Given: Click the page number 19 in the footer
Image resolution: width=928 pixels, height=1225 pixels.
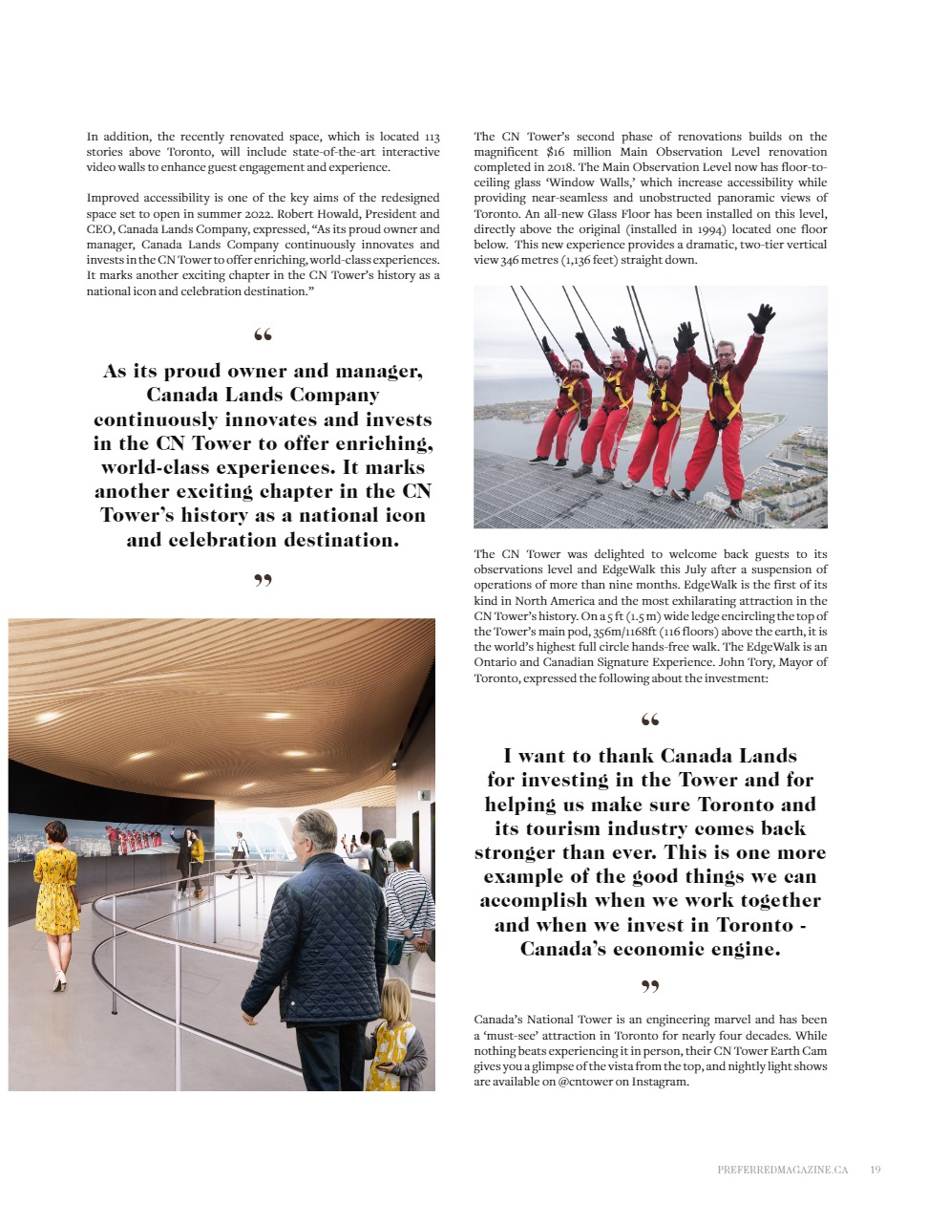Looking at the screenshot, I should (x=875, y=1170).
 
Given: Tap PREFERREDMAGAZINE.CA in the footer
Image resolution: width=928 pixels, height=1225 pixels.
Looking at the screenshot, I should (x=782, y=1170).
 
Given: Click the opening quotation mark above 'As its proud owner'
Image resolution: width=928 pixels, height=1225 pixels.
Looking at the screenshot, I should (x=263, y=334).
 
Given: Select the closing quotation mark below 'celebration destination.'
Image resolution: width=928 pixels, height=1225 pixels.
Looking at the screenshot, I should (x=263, y=579).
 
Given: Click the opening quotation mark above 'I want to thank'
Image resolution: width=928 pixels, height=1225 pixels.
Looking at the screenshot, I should (x=650, y=720).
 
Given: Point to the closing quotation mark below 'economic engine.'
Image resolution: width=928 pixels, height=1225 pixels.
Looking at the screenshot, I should (x=650, y=985).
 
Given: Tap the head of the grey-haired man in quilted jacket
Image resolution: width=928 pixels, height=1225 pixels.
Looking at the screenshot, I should (x=315, y=835).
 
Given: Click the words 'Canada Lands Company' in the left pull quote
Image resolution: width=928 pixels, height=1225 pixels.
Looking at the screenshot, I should (x=263, y=396).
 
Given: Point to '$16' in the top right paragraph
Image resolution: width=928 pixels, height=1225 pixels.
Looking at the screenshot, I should (x=556, y=152).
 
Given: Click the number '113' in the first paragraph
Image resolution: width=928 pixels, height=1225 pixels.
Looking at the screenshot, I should (x=432, y=137).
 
